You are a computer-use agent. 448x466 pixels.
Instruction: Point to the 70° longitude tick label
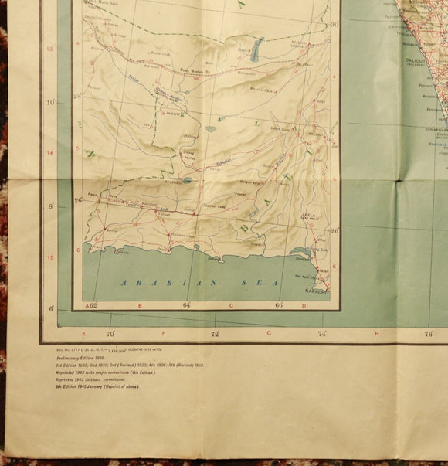110,334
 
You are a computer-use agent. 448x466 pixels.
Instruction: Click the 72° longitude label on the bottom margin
216,334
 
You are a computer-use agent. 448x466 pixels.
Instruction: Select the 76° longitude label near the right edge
428,334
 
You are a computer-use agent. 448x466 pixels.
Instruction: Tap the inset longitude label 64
187,305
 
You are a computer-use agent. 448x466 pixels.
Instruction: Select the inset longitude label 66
278,305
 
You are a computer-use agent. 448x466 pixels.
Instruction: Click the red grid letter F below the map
164,333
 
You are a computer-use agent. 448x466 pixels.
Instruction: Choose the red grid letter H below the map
375,333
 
